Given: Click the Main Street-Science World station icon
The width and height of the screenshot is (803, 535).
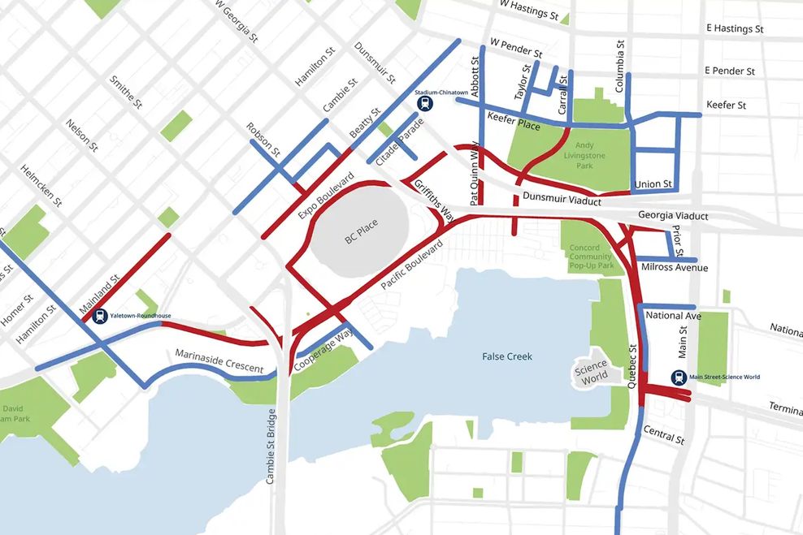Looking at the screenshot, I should coord(680,377).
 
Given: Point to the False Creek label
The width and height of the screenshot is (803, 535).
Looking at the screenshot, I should coord(507,356).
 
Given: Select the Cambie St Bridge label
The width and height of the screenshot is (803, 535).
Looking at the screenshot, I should coord(271,447).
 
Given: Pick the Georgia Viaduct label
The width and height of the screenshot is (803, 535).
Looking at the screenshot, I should coord(673,217).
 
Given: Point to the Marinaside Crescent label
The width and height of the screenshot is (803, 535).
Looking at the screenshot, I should coord(219,361).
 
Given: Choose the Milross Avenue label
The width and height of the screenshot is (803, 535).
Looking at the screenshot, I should coord(674,268).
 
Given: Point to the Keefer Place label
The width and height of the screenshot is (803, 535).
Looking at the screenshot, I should coord(514,122).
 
